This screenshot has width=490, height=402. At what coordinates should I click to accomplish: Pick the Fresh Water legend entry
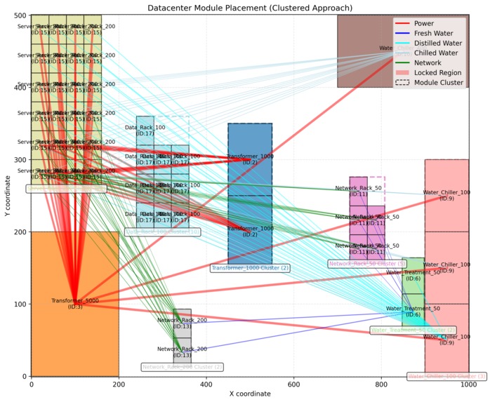click(433, 33)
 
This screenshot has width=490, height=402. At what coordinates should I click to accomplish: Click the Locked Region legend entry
click(437, 72)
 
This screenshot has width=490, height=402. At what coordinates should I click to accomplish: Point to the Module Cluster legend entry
click(439, 82)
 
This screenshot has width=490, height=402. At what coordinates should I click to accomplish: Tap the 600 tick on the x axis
click(294, 384)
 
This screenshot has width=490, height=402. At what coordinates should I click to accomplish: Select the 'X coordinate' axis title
click(250, 394)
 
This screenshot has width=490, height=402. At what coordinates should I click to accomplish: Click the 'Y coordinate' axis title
click(7, 196)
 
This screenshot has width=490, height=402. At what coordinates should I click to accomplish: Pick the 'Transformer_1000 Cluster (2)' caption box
click(250, 268)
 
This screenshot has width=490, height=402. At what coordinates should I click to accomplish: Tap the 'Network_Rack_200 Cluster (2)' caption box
click(183, 367)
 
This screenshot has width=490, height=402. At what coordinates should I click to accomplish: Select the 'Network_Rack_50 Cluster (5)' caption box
click(367, 264)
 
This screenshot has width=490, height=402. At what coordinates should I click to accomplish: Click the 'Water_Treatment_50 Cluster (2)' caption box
click(413, 330)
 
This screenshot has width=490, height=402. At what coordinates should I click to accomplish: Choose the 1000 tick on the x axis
click(469, 384)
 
